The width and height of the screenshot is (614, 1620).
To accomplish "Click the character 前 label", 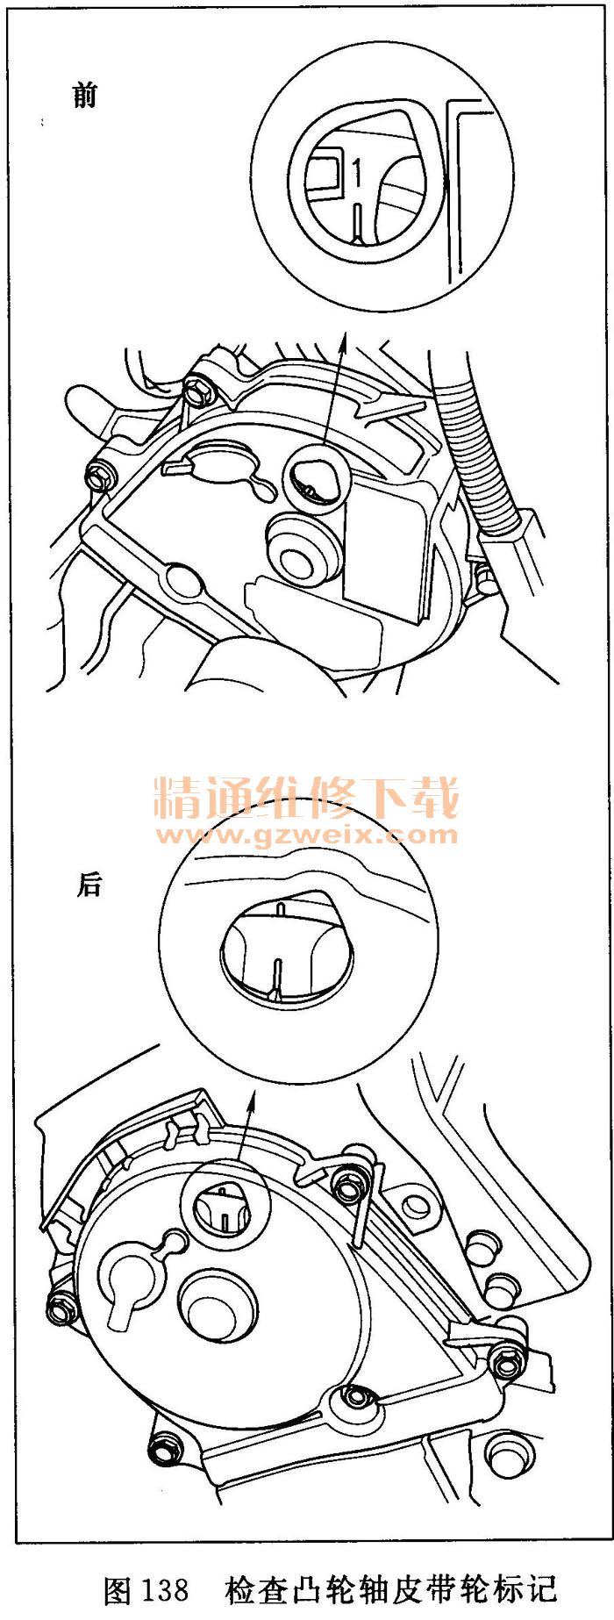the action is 85,94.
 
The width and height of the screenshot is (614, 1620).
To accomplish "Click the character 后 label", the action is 89,884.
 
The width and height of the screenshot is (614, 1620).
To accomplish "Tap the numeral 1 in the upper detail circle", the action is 357,172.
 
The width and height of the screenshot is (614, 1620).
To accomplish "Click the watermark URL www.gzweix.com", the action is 306,834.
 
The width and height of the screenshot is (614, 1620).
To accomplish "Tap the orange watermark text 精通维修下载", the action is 306,797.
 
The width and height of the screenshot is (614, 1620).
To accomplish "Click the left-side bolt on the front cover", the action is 98,478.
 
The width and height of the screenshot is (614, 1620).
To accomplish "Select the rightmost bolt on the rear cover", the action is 507,1363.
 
